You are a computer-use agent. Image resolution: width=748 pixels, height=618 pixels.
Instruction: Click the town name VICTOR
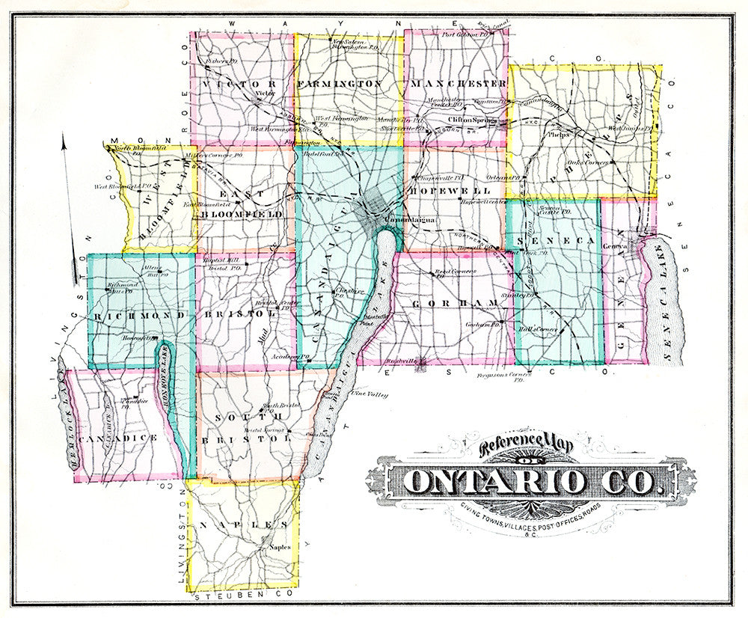point(239,83)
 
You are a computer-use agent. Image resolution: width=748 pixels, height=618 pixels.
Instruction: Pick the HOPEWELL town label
point(440,191)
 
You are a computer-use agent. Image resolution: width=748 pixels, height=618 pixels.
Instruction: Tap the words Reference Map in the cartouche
point(525,447)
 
